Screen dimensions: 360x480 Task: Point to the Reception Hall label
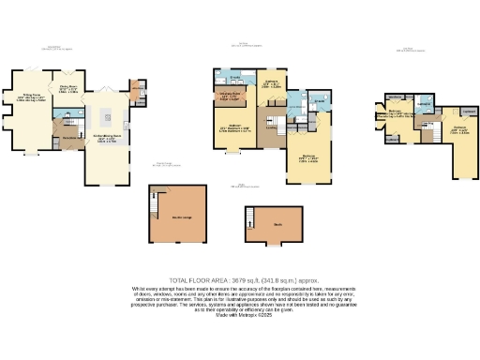[67, 137]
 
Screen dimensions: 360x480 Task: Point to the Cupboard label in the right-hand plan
[469, 111]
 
